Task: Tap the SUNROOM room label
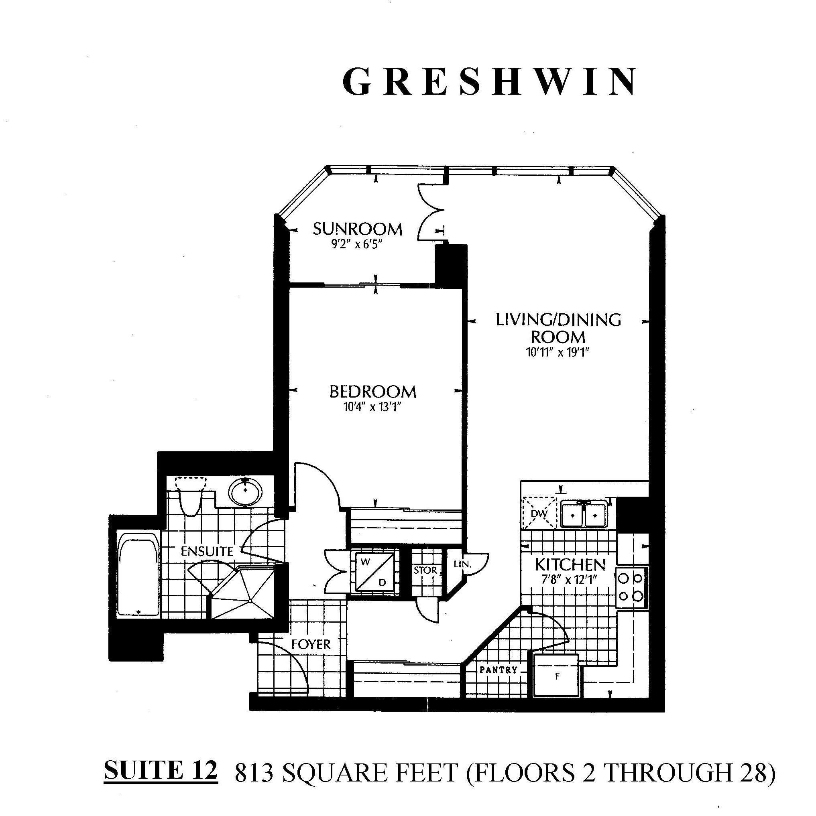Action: pyautogui.click(x=358, y=229)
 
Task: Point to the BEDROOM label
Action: pyautogui.click(x=373, y=392)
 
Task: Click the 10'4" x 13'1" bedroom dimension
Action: pyautogui.click(x=372, y=407)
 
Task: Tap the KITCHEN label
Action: pyautogui.click(x=570, y=564)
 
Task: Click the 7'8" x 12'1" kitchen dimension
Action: pyautogui.click(x=569, y=579)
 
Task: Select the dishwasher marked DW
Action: pyautogui.click(x=539, y=513)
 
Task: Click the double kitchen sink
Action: pyautogui.click(x=584, y=514)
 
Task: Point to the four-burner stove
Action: pyautogui.click(x=631, y=587)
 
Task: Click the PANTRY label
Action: pyautogui.click(x=499, y=670)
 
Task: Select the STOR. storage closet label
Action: pyautogui.click(x=426, y=570)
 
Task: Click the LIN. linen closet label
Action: pyautogui.click(x=462, y=564)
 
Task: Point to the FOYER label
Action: pyautogui.click(x=311, y=644)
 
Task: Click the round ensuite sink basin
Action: pyautogui.click(x=246, y=492)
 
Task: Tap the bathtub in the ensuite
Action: pyautogui.click(x=138, y=575)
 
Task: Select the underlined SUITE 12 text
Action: pyautogui.click(x=161, y=770)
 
